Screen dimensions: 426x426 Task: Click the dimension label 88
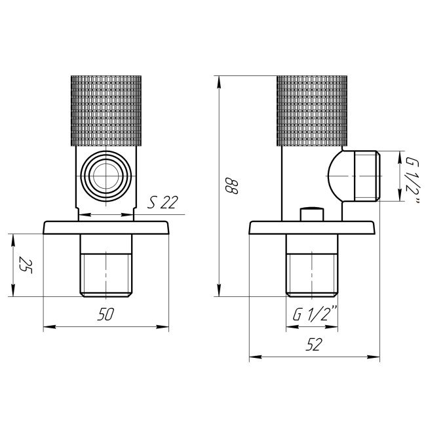click(232, 186)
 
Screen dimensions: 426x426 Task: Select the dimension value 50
click(106, 314)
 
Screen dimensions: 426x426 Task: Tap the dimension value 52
click(314, 344)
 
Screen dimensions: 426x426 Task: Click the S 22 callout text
click(163, 202)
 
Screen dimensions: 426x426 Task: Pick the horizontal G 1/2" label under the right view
click(315, 314)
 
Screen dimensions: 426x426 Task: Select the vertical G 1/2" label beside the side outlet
click(413, 180)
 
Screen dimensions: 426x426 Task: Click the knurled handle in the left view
click(106, 111)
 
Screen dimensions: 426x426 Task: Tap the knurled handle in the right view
click(312, 111)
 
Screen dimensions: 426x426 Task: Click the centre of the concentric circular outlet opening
click(106, 176)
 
